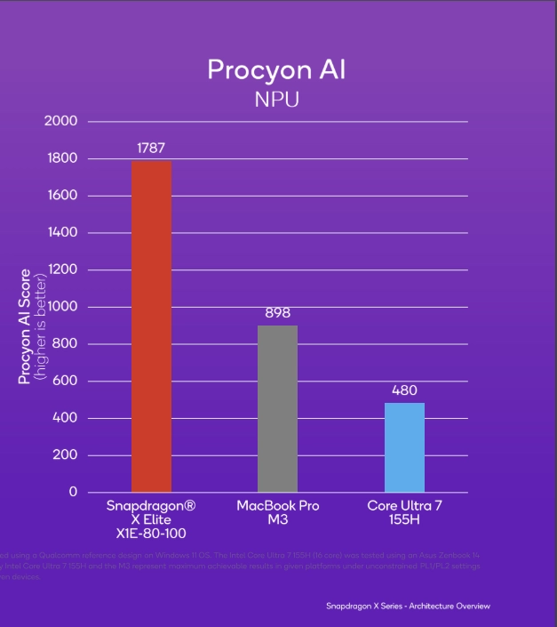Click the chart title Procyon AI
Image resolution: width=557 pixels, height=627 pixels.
tap(277, 69)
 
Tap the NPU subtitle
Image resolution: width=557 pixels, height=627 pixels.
tap(277, 99)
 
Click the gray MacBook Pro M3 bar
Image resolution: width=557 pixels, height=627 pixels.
tap(277, 408)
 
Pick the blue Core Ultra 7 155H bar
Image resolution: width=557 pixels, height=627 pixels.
tap(404, 447)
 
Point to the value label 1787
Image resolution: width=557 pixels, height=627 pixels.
tap(151, 149)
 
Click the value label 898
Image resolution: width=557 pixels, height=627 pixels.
tap(277, 313)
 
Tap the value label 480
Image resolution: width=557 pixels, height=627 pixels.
tap(404, 390)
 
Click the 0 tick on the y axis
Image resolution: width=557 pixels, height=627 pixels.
tap(73, 492)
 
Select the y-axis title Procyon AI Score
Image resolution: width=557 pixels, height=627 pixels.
tap(25, 326)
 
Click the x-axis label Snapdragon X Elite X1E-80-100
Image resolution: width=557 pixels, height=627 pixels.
tap(151, 518)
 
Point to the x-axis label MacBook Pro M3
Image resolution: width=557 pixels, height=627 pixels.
tap(277, 512)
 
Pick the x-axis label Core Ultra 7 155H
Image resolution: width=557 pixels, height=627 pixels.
tap(404, 512)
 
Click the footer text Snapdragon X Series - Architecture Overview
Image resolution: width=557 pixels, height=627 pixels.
tap(408, 607)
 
